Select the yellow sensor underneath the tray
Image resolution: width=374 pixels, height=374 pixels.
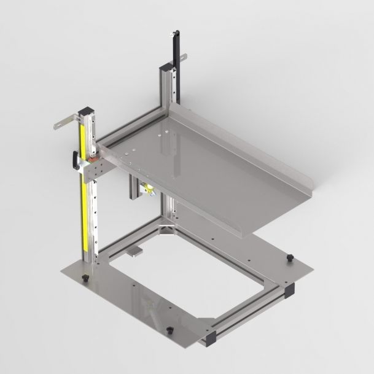tap(147, 190)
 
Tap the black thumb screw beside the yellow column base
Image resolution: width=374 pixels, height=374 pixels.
tap(86, 279)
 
